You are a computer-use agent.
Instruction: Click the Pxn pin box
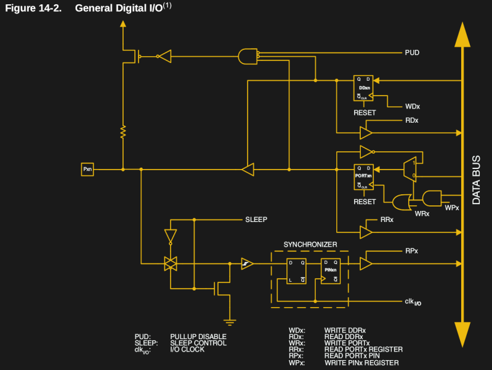pos(87,169)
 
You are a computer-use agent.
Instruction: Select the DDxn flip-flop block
pos(364,88)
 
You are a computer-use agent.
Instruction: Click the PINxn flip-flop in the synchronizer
pos(331,271)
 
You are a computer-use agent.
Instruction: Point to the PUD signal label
pos(412,53)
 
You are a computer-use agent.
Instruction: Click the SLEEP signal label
pos(256,220)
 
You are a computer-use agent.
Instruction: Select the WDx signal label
pos(413,107)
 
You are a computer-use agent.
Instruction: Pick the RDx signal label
pos(411,120)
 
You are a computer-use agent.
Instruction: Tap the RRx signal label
pos(387,220)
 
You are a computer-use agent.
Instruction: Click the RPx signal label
pos(411,251)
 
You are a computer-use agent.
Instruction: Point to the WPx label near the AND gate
pos(452,208)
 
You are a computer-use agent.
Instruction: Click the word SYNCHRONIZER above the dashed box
pos(310,244)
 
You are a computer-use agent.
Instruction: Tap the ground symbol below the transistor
pos(230,321)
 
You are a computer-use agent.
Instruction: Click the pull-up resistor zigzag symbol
pos(123,131)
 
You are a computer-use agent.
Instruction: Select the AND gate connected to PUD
pos(248,56)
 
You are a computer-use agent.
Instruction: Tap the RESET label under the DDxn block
pos(365,113)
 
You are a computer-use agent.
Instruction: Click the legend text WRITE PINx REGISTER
pos(361,363)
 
